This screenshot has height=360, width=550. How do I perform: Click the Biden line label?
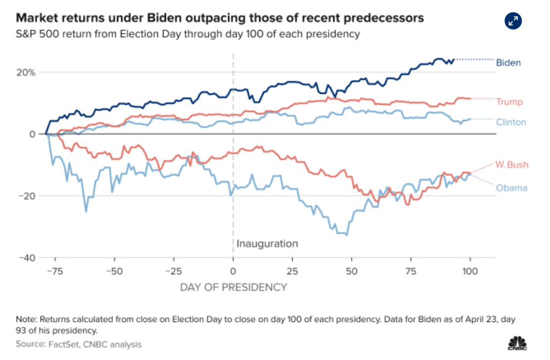tap(508, 63)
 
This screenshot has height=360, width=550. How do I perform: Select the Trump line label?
tap(509, 102)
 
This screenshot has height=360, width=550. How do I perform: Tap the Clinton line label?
tap(511, 122)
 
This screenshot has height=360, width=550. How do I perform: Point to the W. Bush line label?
tap(511, 164)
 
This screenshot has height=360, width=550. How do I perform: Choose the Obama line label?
tap(512, 188)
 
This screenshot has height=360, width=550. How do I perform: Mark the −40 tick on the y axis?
tap(27, 258)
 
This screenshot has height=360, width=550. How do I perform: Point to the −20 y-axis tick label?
tap(27, 196)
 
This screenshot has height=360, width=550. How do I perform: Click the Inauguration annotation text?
tap(268, 244)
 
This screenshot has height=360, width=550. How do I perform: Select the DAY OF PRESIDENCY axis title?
tap(233, 286)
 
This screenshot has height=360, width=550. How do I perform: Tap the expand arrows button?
tap(513, 21)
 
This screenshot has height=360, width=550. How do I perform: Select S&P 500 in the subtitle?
tap(35, 34)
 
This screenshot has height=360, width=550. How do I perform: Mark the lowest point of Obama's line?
tap(347, 235)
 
